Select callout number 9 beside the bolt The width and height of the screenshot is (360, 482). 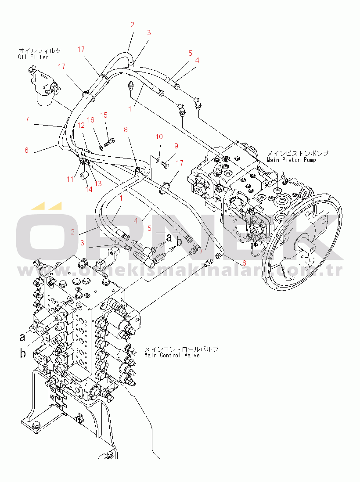coord(176,146)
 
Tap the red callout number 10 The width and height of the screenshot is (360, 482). coord(159,137)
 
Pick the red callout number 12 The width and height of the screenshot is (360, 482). coord(81,125)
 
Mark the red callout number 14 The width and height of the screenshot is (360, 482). coord(90,190)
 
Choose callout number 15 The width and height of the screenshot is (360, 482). coord(104,115)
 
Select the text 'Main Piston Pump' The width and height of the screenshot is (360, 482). coord(291,160)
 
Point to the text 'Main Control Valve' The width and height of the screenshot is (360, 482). coord(172,355)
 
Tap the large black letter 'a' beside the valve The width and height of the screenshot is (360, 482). coord(22,337)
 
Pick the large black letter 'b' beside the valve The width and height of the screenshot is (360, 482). coord(22,353)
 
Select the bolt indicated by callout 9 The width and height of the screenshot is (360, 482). coord(165,164)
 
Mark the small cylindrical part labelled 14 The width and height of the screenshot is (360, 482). coord(85,176)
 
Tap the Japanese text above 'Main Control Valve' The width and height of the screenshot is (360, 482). coord(181,349)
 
